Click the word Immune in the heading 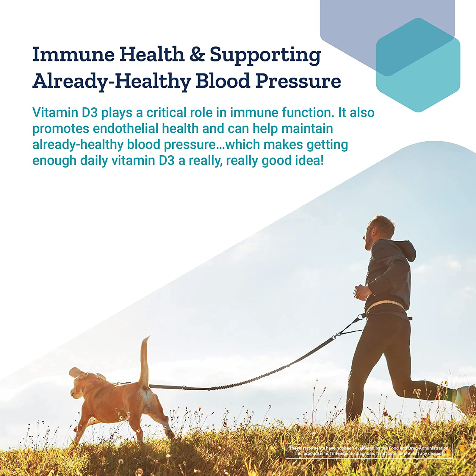tap(73, 54)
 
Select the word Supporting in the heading tap(265, 56)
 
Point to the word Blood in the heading tap(223, 81)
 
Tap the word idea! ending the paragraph tap(309, 160)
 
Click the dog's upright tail tap(145, 360)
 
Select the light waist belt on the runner tap(384, 306)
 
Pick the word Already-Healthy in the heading tap(112, 81)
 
